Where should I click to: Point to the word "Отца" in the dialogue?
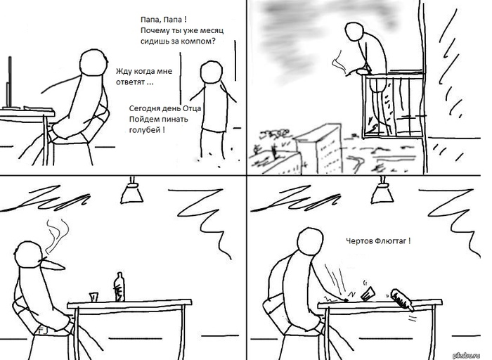coord(191,108)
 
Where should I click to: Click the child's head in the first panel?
coord(211,72)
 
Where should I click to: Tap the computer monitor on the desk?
coord(9,82)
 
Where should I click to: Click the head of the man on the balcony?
coord(354,31)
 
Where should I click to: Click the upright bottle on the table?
coord(119,287)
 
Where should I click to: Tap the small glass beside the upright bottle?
coord(93,297)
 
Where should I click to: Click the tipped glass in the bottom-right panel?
coord(368,294)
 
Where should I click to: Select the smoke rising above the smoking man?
coord(57,236)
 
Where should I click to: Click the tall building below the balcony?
coord(319,148)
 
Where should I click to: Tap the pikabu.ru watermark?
coord(467,355)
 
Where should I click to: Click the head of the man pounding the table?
coord(310,240)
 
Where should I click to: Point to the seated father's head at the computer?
coord(93,62)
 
